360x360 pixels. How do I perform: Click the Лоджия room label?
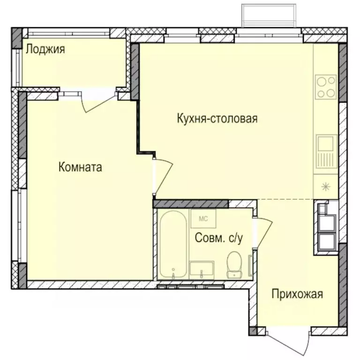coord(45,49)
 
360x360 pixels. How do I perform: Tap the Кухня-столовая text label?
coord(217,118)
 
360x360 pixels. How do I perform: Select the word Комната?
coord(80,167)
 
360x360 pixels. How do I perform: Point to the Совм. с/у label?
coord(218,239)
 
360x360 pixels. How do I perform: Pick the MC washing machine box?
coord(203,218)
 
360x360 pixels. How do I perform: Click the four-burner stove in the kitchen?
coord(326,87)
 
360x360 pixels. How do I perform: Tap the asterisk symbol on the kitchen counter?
coord(325,186)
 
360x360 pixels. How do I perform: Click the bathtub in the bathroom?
coord(173,244)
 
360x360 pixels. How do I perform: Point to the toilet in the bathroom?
coord(233,263)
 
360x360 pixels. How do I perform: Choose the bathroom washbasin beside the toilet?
coord(202,269)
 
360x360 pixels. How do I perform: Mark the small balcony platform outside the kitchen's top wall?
coord(269,16)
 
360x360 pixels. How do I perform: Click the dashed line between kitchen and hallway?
coord(286,199)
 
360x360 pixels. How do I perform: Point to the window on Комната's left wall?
coord(19,220)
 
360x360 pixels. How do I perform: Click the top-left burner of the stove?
coord(322,81)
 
